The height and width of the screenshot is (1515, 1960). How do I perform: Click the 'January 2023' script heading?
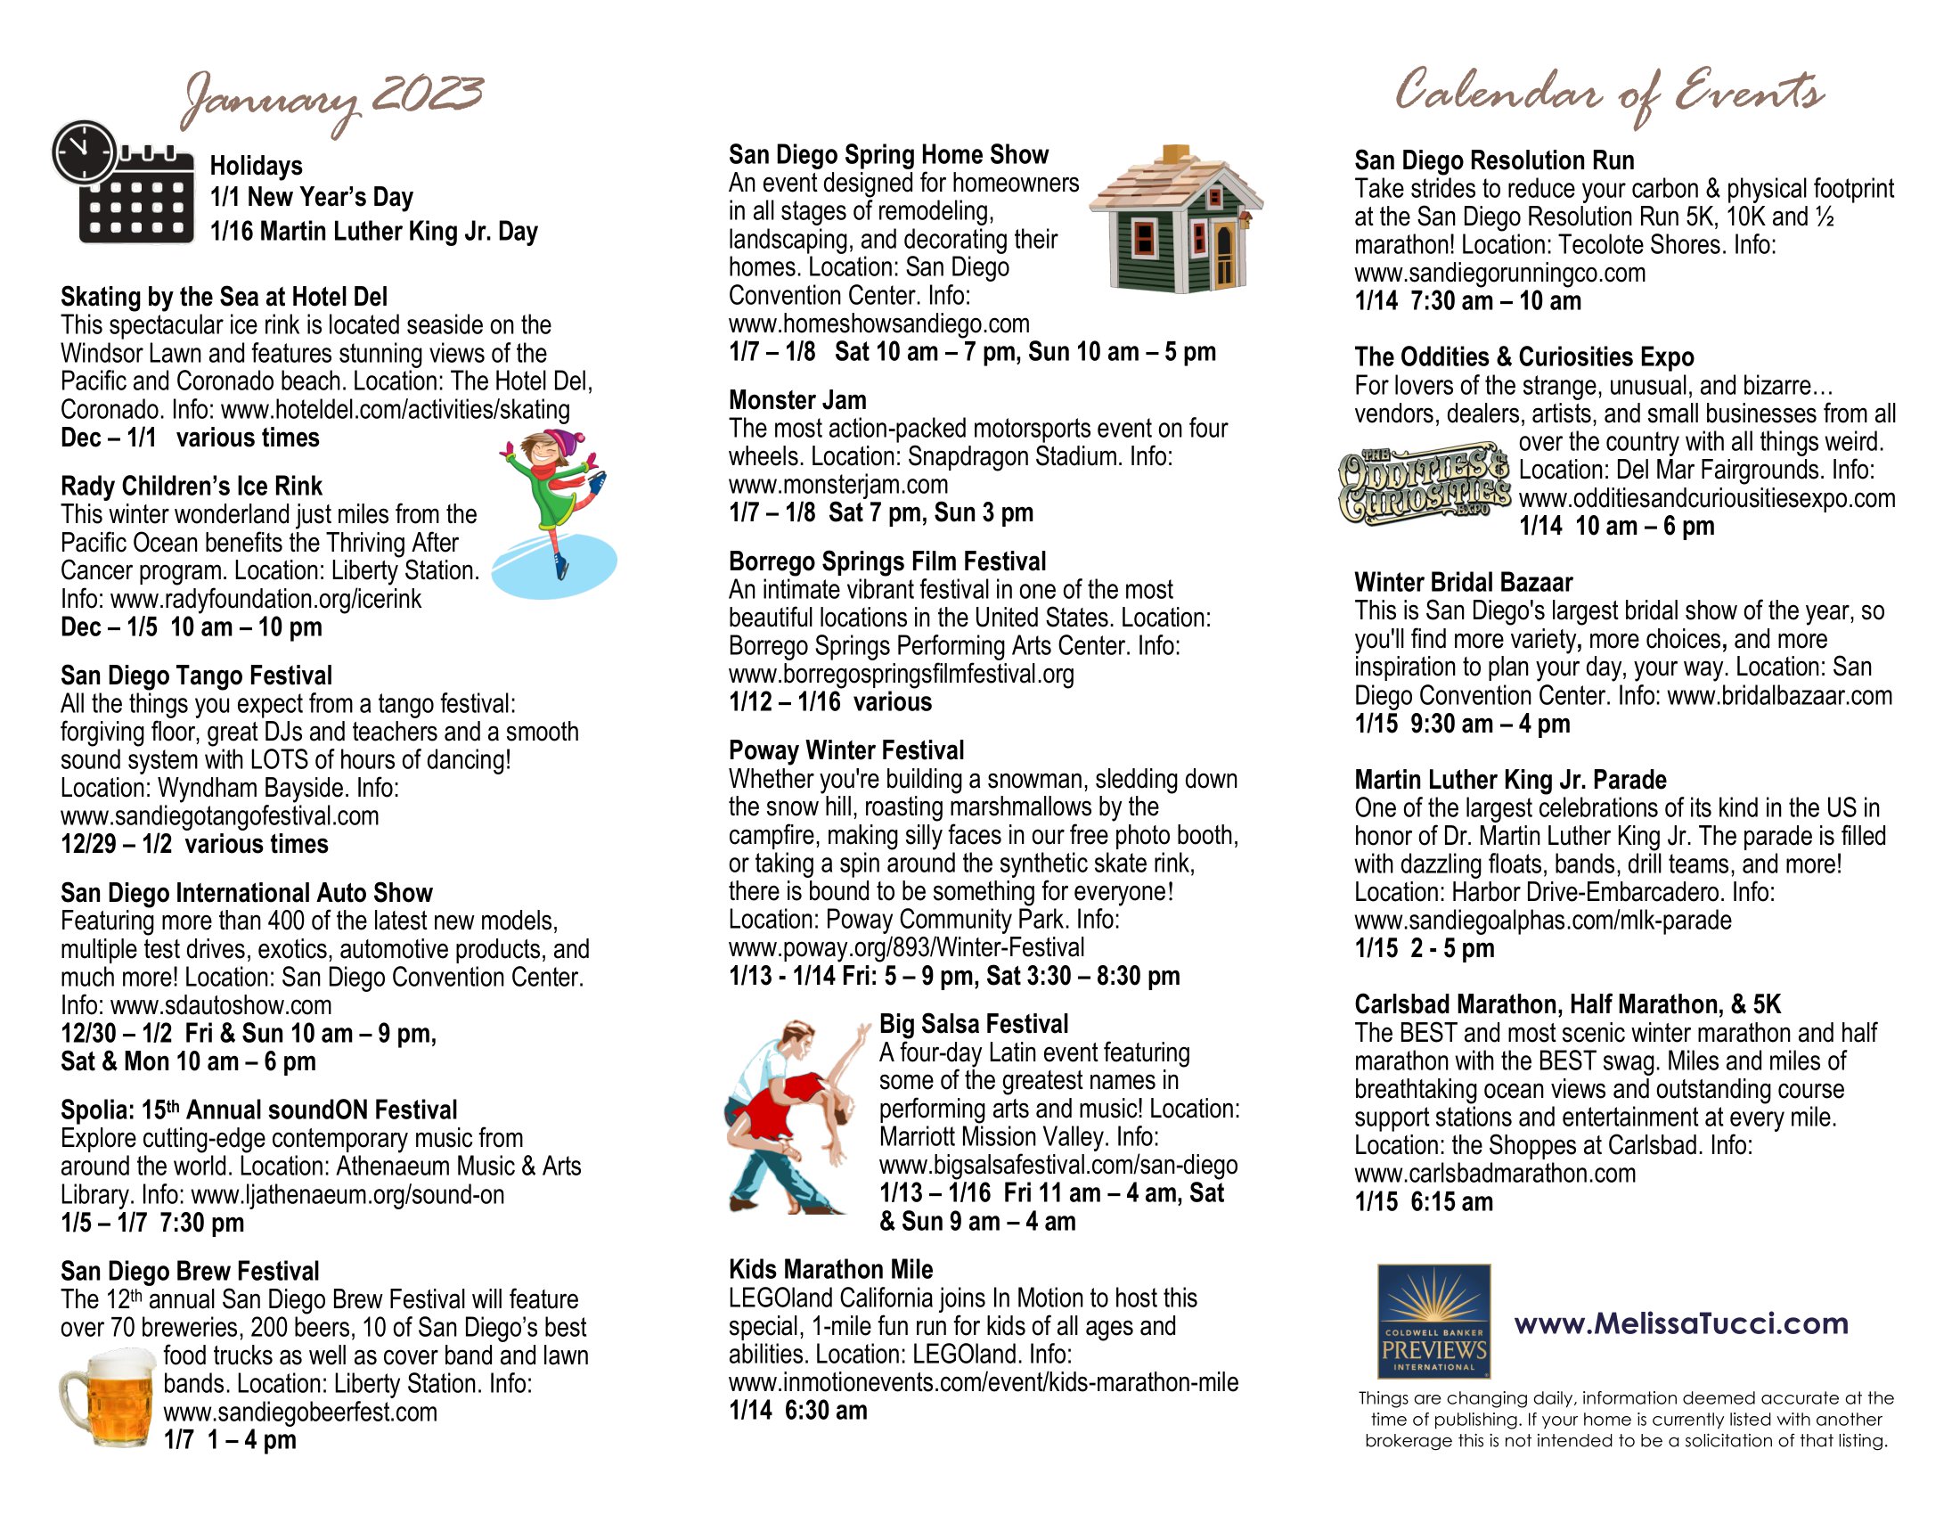[x=332, y=99]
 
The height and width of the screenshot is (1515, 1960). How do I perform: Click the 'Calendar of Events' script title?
[x=1608, y=94]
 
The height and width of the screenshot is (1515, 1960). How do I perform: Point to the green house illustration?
[x=1176, y=220]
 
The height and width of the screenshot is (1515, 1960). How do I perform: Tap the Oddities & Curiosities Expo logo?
[x=1425, y=483]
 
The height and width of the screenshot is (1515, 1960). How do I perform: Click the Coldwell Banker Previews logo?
[x=1433, y=1320]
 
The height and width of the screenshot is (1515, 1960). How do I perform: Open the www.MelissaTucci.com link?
[x=1681, y=1323]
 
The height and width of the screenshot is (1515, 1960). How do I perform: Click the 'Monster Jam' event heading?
[x=797, y=400]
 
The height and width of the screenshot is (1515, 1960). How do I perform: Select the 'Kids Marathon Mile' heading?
[x=830, y=1269]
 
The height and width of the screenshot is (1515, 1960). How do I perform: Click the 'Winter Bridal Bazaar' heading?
[x=1463, y=583]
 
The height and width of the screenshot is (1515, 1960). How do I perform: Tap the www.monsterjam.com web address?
[x=837, y=485]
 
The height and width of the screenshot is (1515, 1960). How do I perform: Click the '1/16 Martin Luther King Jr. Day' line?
[x=373, y=232]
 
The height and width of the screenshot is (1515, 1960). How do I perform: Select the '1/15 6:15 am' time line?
[x=1424, y=1202]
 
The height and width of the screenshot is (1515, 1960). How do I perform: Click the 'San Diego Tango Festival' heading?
[x=196, y=675]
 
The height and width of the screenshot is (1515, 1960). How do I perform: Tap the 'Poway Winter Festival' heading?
[x=845, y=750]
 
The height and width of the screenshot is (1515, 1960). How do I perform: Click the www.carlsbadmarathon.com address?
[x=1494, y=1173]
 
